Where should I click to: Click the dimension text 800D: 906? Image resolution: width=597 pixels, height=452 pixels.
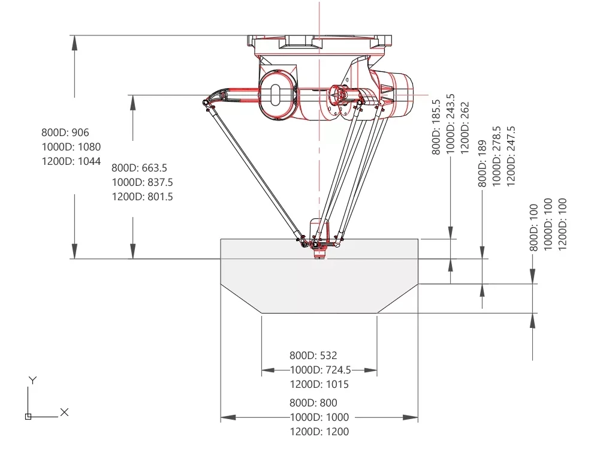click(x=65, y=132)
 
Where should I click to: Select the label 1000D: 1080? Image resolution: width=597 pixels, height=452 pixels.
click(x=71, y=147)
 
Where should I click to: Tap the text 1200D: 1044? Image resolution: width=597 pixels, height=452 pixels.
click(x=71, y=161)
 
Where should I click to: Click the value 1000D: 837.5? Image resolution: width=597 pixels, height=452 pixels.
click(x=142, y=182)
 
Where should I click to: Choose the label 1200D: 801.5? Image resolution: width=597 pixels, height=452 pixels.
click(x=142, y=196)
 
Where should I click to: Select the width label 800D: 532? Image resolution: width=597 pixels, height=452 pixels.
click(x=313, y=355)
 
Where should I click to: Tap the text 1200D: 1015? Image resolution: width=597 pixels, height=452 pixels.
click(x=319, y=384)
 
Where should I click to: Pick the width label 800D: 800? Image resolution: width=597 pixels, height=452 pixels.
click(x=313, y=403)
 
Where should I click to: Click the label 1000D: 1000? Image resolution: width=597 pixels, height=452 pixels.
click(x=319, y=417)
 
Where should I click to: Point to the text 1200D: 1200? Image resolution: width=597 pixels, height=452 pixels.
click(x=319, y=432)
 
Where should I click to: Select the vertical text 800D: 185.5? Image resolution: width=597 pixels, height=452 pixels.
click(x=436, y=127)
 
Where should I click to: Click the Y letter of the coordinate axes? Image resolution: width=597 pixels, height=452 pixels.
click(x=33, y=380)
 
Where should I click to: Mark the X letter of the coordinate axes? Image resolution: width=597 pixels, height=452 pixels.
click(x=65, y=412)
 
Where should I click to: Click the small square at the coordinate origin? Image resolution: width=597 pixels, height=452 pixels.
click(x=28, y=416)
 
